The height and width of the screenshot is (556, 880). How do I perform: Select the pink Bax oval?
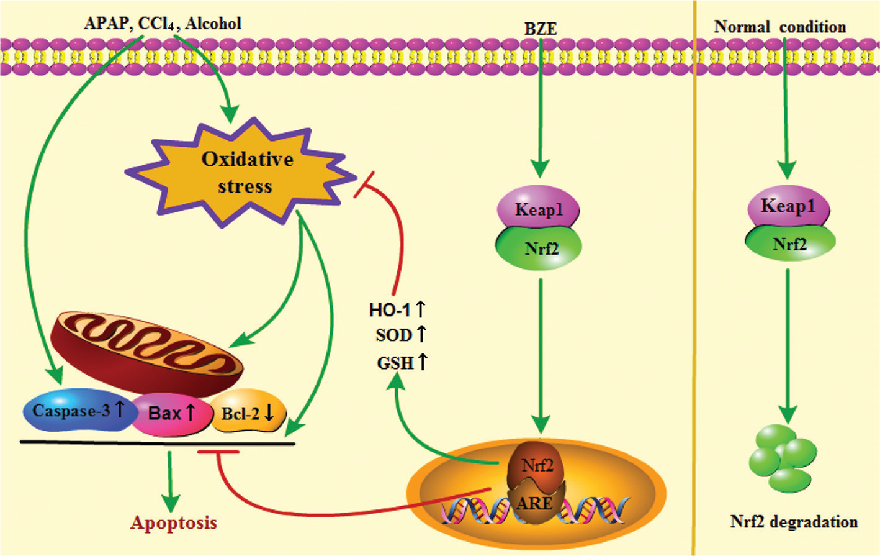(x=171, y=413)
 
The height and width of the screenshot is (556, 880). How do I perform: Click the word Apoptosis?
(x=174, y=522)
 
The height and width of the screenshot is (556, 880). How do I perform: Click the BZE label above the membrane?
(x=541, y=28)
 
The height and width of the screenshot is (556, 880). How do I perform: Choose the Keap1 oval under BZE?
(x=539, y=210)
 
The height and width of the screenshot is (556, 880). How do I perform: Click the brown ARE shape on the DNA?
(x=535, y=503)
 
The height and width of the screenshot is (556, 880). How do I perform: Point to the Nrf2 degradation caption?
(x=794, y=522)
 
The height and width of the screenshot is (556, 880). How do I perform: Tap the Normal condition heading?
(x=780, y=27)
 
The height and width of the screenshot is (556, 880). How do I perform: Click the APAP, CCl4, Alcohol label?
(x=163, y=24)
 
